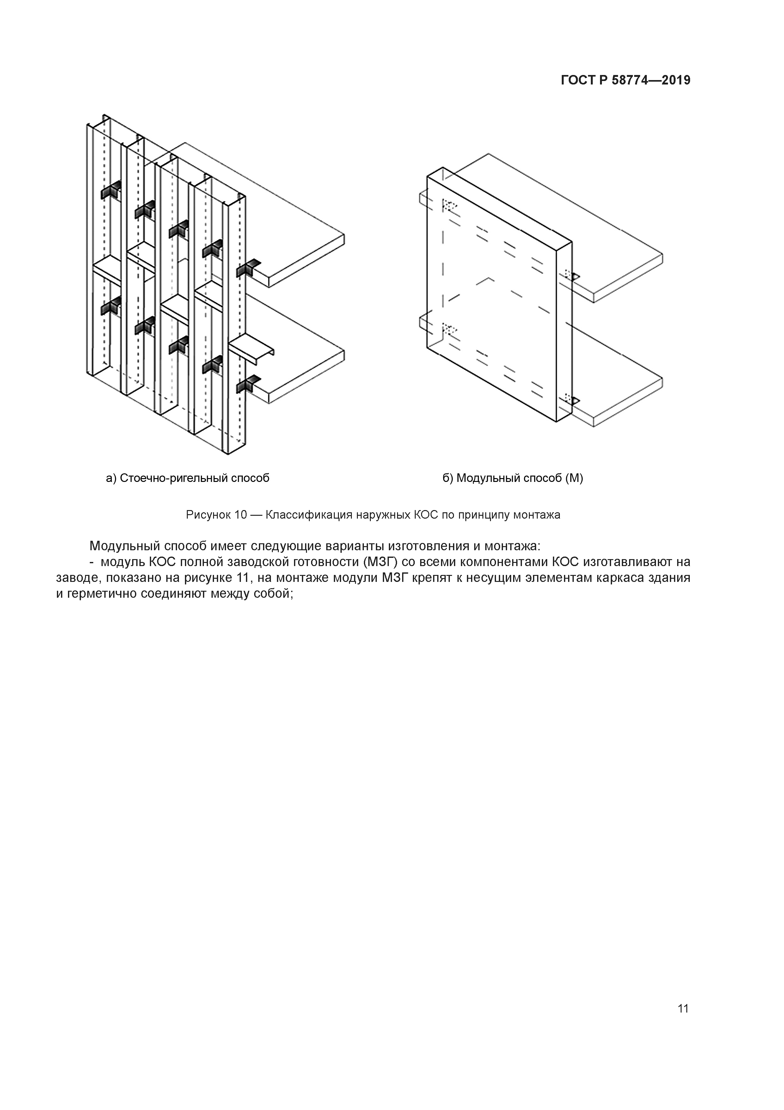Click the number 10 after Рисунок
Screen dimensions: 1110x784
(x=241, y=515)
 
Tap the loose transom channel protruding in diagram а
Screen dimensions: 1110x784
(x=252, y=349)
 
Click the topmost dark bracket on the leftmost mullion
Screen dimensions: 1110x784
(x=111, y=191)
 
